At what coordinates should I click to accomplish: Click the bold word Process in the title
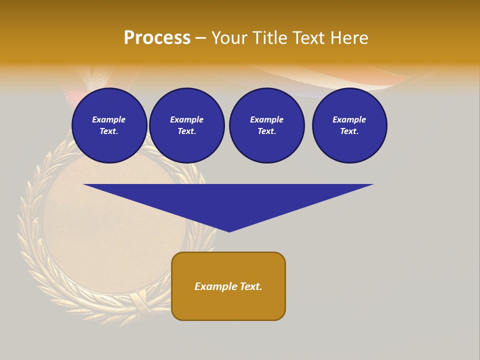click(157, 38)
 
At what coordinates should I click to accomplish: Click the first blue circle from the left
click(109, 125)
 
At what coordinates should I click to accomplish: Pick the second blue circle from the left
click(186, 125)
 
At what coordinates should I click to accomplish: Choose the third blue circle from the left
click(266, 125)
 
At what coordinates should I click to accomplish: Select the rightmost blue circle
click(349, 125)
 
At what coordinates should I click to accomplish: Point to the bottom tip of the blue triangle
click(229, 231)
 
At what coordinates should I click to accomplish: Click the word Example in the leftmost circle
click(109, 119)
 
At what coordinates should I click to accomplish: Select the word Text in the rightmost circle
click(349, 131)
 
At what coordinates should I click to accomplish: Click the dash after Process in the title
click(201, 38)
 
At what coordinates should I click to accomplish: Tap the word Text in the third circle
click(266, 131)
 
